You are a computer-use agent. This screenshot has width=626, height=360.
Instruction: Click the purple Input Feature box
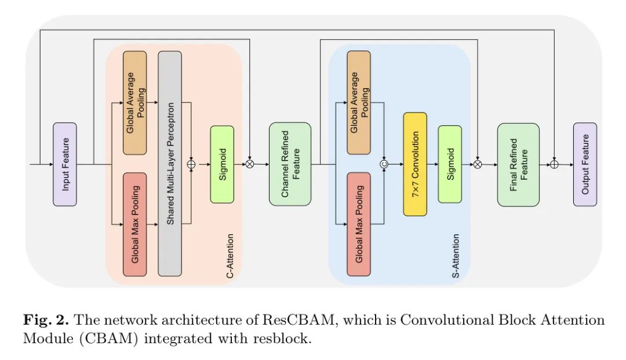[x=65, y=164]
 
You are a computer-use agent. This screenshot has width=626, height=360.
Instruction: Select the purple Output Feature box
[x=585, y=164]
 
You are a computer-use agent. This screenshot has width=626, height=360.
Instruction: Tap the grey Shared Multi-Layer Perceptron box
[x=170, y=164]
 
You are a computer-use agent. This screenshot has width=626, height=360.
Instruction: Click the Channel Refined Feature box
[x=290, y=164]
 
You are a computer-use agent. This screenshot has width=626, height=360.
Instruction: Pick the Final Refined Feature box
[x=518, y=164]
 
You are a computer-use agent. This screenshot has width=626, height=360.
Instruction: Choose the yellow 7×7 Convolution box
[x=415, y=164]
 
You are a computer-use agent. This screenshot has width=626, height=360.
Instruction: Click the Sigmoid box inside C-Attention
[x=222, y=164]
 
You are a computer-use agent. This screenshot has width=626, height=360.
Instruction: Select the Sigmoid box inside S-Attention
[x=450, y=164]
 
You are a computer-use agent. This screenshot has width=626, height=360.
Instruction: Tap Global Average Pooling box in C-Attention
[x=134, y=103]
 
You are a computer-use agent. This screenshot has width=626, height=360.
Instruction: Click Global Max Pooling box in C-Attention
[x=134, y=224]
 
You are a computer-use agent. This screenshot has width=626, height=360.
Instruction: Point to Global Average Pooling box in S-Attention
[x=359, y=103]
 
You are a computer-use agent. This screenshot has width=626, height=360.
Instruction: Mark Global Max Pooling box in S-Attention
[x=359, y=224]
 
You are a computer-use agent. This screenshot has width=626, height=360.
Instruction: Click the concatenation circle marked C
[x=383, y=165]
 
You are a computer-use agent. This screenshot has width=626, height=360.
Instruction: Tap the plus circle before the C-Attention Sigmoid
[x=191, y=165]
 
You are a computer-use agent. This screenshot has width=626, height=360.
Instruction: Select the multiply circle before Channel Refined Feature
[x=250, y=165]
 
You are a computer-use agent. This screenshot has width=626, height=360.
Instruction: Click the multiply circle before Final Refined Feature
[x=478, y=165]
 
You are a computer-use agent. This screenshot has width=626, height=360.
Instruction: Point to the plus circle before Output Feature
[x=554, y=165]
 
